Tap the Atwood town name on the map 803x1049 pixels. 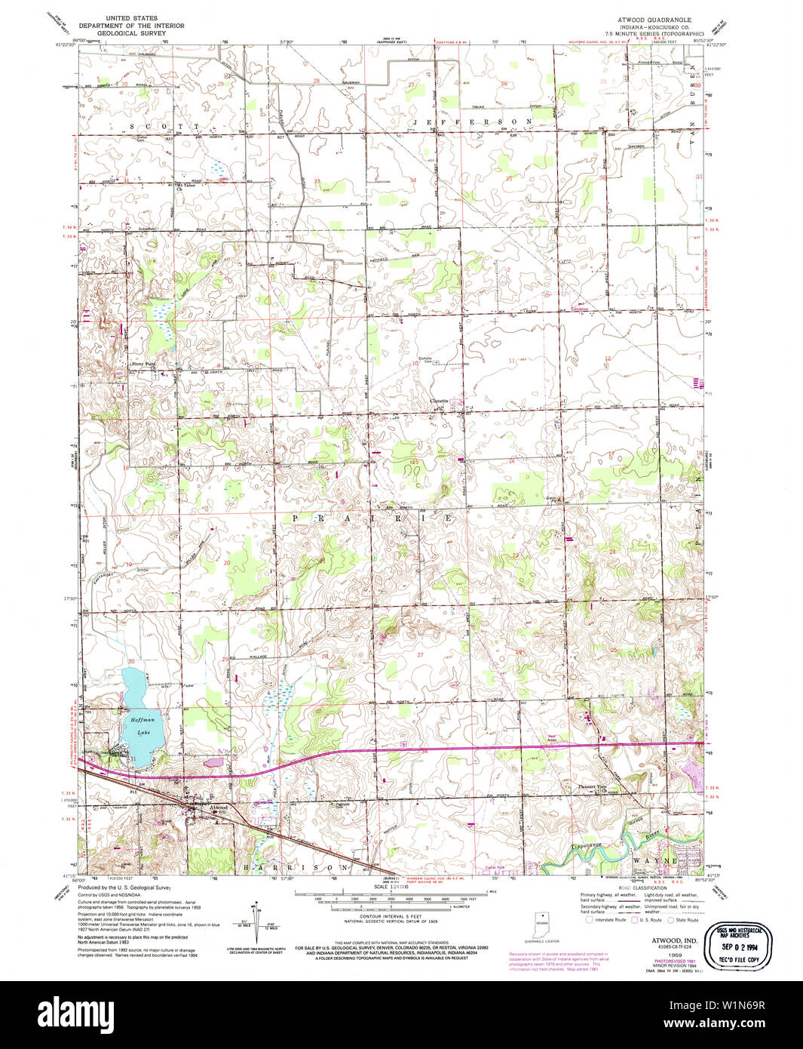[x=219, y=808]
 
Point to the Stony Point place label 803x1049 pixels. [x=143, y=364]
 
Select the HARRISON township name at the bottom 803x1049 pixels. [x=305, y=868]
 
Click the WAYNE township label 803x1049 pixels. [x=657, y=860]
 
